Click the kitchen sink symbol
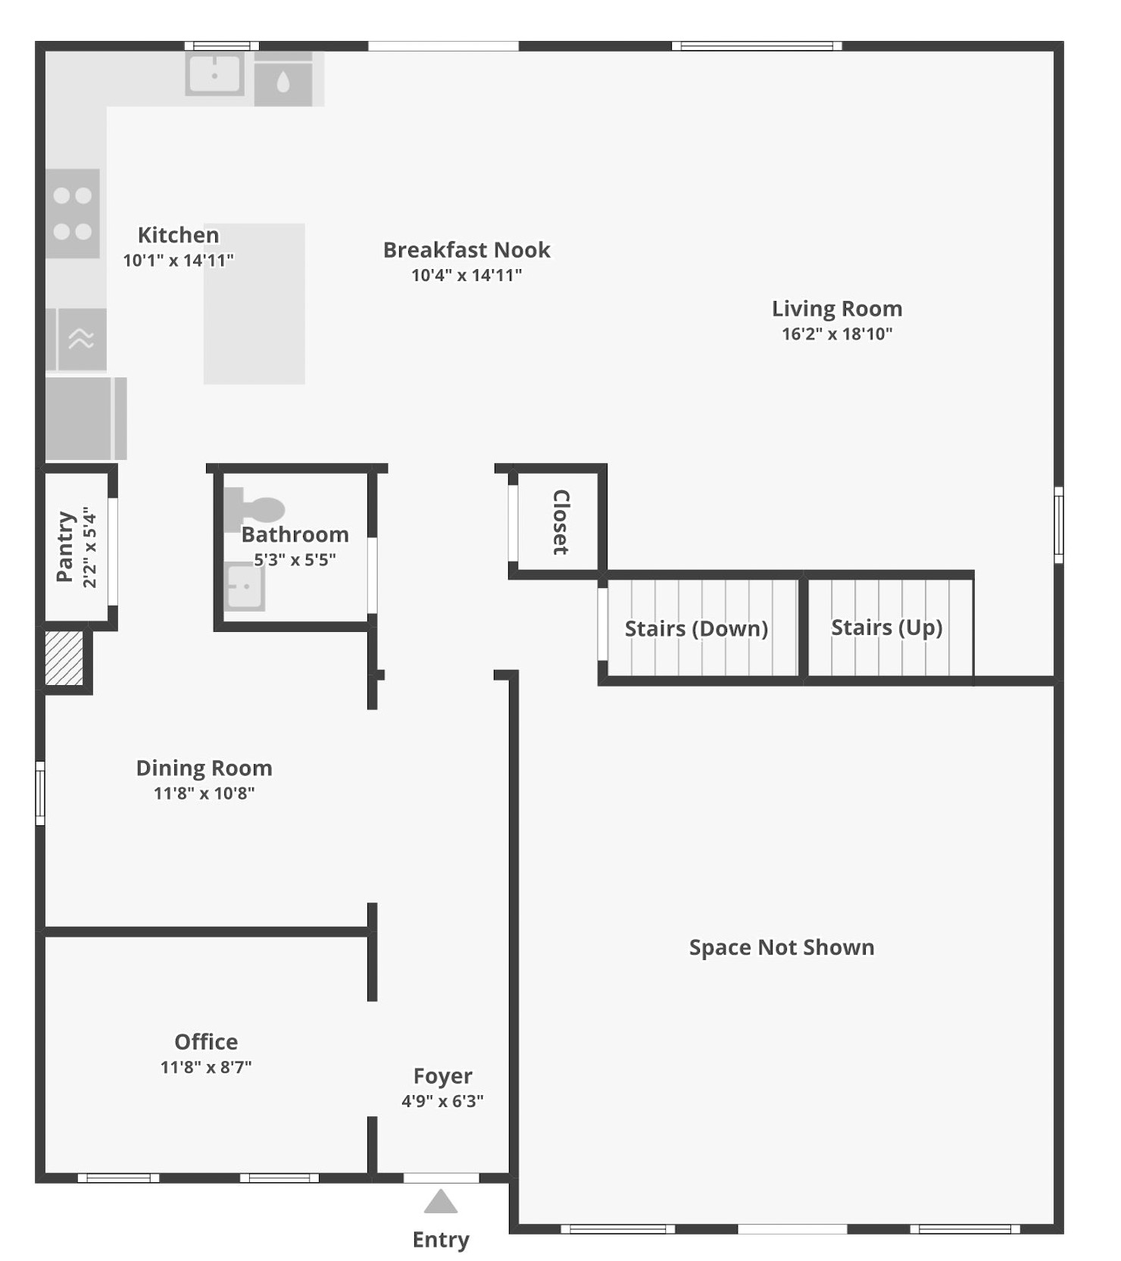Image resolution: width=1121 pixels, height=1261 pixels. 215,74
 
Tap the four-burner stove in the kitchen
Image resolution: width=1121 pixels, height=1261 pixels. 73,214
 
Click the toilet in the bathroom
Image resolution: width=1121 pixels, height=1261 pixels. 256,508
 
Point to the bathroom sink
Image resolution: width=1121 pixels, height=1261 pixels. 245,587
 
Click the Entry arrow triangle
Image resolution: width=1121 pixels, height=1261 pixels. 440,1203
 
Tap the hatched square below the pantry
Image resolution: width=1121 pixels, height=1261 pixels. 64,659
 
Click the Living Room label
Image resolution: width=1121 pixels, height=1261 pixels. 837,308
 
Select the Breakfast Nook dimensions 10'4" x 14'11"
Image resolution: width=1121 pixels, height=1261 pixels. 467,275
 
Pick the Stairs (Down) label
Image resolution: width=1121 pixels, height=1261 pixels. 696,628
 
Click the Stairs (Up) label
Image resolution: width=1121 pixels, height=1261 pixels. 886,627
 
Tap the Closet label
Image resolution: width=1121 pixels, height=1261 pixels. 560,522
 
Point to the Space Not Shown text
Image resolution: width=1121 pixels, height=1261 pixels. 782,947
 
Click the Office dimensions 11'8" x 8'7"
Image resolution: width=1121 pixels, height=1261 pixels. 206,1067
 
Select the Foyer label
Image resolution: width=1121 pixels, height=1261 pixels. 443,1076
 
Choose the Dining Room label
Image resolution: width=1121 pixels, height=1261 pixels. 205,768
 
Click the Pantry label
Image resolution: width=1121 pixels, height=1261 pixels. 66,547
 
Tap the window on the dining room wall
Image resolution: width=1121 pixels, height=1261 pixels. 40,793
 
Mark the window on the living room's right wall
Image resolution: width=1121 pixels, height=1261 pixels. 1059,524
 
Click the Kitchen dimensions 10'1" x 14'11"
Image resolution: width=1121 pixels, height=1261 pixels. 178,261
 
